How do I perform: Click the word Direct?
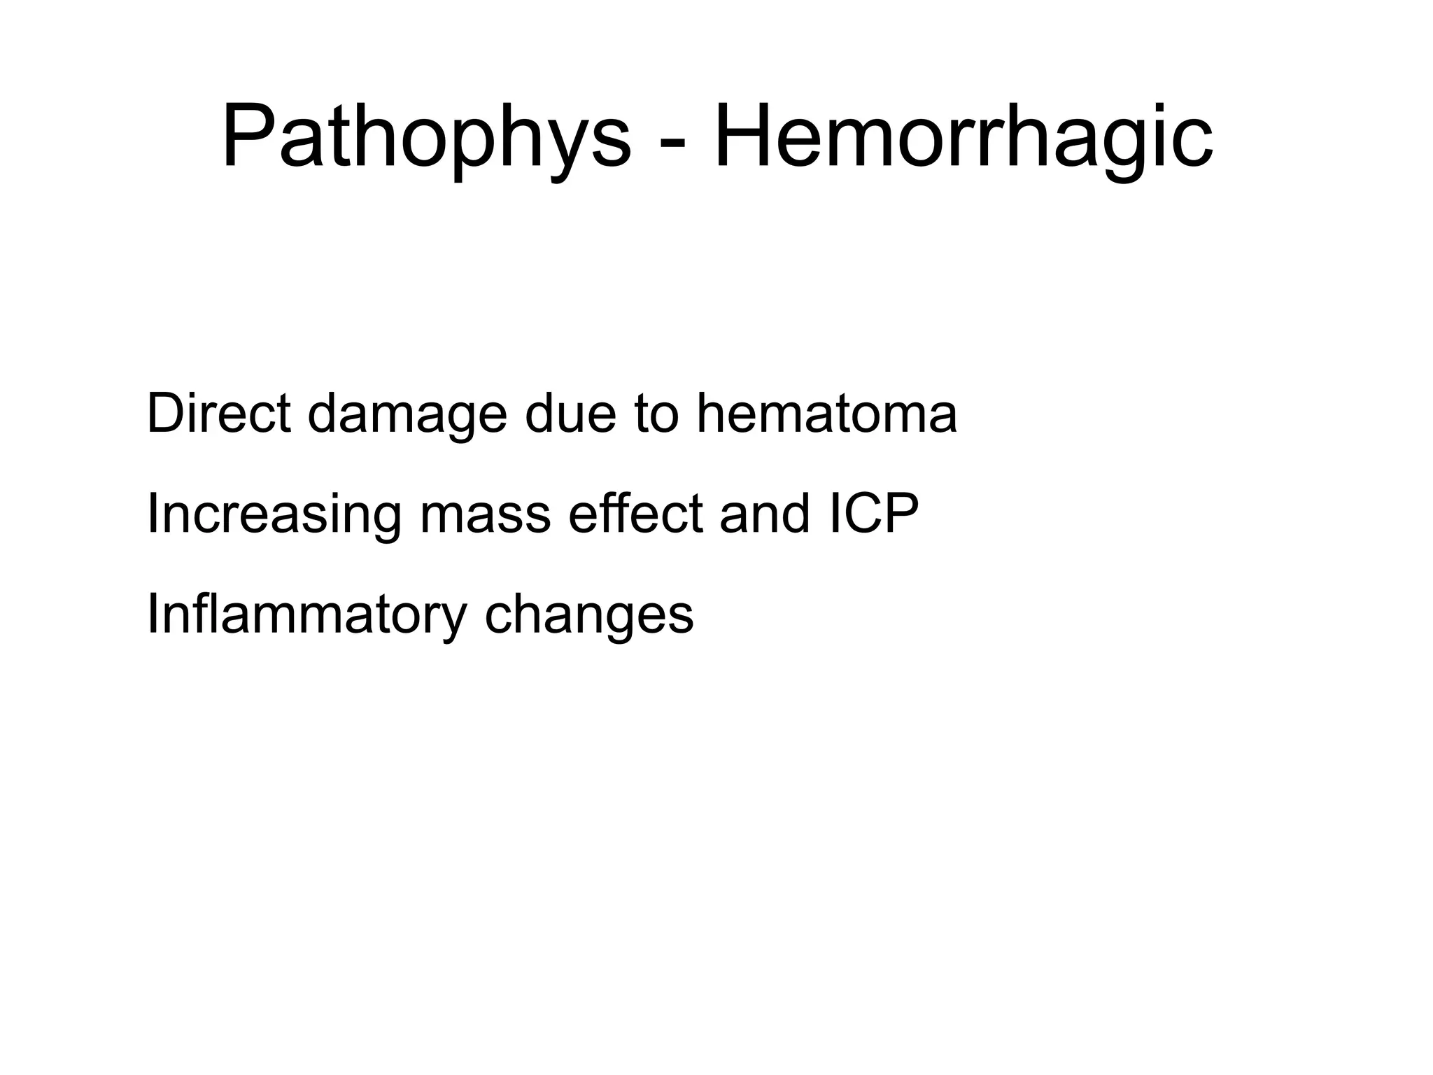[218, 414]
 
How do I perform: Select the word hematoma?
[826, 414]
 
